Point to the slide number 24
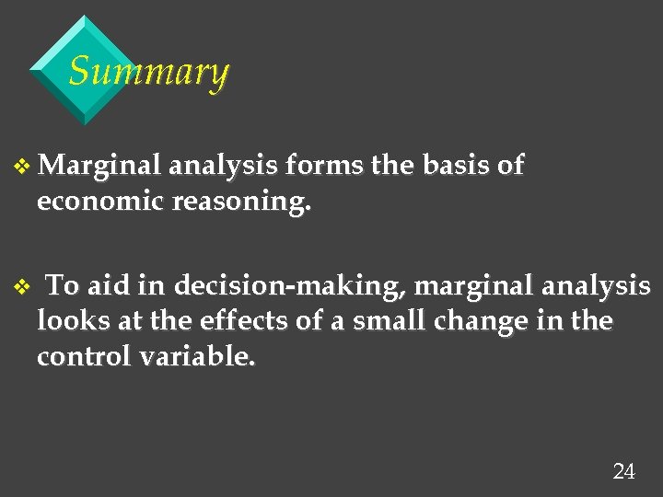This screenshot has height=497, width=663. click(x=623, y=472)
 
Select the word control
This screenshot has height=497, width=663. click(x=85, y=357)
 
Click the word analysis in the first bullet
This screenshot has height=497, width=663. click(x=224, y=167)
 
